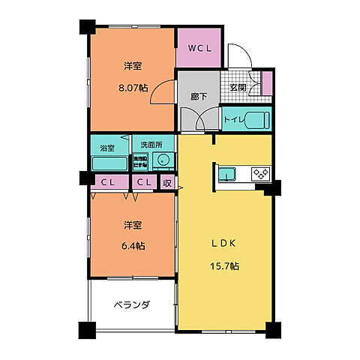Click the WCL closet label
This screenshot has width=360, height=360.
[199, 49]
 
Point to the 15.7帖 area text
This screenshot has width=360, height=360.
[224, 266]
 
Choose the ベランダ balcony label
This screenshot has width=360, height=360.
[132, 305]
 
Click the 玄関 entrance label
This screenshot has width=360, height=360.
[238, 88]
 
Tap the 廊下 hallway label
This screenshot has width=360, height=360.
[199, 97]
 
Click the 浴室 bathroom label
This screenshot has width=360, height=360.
[108, 148]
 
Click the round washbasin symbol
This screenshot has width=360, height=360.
[162, 161]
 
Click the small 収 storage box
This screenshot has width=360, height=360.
[167, 182]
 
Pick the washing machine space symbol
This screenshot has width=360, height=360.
[141, 160]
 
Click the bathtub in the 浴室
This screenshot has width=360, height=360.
[109, 163]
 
